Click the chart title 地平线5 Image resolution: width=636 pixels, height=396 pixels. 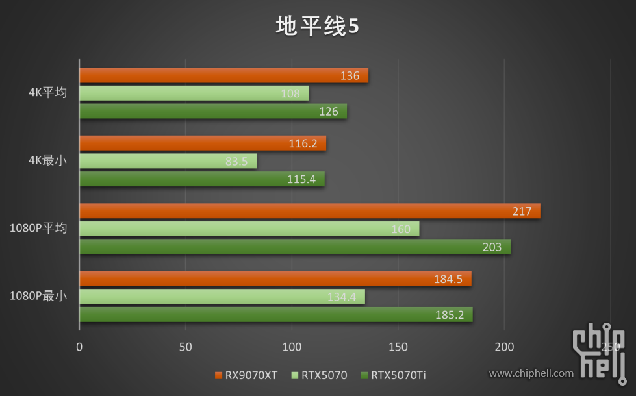318,27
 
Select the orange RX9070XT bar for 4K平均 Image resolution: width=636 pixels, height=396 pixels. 223,76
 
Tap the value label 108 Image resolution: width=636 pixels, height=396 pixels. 290,93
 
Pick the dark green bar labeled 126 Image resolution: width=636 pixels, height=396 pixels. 212,112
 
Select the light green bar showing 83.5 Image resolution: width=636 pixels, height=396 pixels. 168,161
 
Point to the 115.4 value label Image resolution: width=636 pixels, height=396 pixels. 301,179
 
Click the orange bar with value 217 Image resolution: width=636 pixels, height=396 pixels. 309,211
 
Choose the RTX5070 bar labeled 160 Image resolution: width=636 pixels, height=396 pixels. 249,229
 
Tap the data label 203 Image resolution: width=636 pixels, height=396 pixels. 492,247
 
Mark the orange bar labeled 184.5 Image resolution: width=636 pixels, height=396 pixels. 275,279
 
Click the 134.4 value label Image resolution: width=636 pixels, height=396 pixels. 342,297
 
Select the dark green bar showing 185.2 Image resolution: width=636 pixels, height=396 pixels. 275,315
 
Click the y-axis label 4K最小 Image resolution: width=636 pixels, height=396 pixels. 47,160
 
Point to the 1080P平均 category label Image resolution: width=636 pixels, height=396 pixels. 38,229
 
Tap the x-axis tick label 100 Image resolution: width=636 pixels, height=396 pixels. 292,347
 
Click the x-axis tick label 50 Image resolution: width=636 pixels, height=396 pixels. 186,347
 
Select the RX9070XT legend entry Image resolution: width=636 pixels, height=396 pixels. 247,375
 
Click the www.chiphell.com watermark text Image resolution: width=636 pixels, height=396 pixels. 531,373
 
